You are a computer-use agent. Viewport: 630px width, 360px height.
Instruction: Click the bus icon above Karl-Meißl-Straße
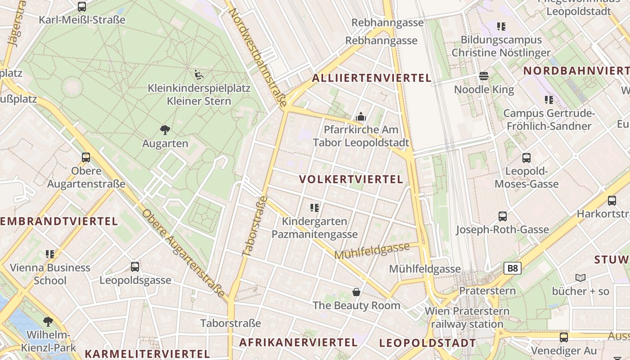click(x=81, y=7)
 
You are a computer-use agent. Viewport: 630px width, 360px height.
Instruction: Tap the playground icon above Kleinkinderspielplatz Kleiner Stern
click(x=199, y=74)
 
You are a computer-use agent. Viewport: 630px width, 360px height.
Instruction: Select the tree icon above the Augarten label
click(x=165, y=130)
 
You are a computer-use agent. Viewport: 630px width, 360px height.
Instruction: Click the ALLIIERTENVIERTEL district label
click(x=372, y=78)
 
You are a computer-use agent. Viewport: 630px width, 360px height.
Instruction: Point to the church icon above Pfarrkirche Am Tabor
click(x=360, y=117)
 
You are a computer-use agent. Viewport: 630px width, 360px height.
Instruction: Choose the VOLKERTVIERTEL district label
click(x=351, y=180)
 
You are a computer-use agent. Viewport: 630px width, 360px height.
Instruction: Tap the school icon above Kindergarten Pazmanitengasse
click(x=315, y=208)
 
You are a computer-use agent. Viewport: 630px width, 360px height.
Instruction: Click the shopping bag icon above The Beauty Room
click(x=356, y=292)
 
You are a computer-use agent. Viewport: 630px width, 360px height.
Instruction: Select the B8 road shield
click(x=513, y=269)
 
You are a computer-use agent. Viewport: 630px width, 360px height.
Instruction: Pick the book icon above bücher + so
click(x=580, y=278)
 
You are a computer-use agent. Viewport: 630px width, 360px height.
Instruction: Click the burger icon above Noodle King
click(x=484, y=76)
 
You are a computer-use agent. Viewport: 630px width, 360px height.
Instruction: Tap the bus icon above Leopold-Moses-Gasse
click(x=526, y=158)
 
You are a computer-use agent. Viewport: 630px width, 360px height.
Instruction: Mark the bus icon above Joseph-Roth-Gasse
click(x=503, y=216)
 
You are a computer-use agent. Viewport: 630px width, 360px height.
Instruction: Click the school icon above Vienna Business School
click(x=50, y=254)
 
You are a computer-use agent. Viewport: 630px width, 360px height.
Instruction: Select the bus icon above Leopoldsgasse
click(x=135, y=267)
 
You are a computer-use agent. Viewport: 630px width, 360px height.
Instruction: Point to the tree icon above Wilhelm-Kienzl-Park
click(x=48, y=322)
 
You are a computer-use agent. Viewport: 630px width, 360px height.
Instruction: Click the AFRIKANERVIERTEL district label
click(x=298, y=342)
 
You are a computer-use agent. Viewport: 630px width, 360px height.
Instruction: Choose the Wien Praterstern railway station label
click(x=467, y=318)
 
